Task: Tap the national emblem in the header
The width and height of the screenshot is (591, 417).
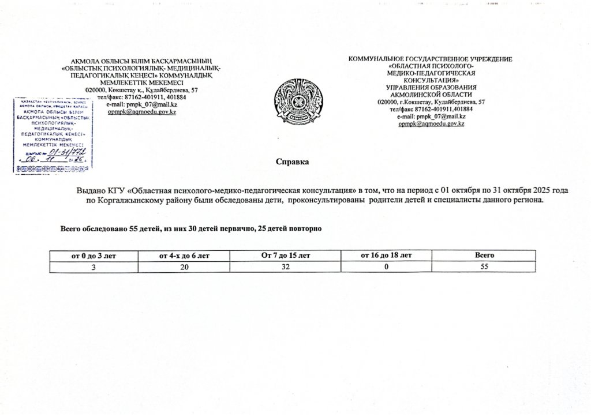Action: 295,102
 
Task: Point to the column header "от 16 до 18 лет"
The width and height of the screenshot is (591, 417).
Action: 386,255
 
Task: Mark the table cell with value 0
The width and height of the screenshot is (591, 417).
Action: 386,266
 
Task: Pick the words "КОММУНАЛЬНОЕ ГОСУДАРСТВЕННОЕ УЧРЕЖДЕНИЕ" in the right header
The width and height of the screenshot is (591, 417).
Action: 431,59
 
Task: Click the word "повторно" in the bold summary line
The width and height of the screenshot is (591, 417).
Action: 305,229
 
